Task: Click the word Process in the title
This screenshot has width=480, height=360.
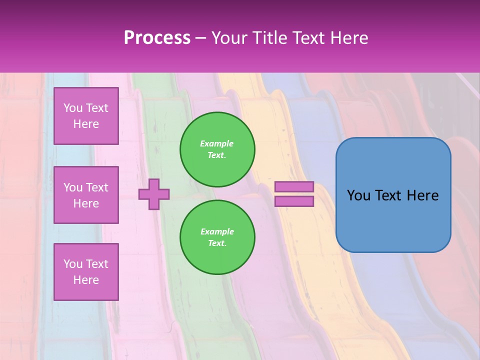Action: click(x=157, y=38)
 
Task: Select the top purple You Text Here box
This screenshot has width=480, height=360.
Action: click(x=86, y=116)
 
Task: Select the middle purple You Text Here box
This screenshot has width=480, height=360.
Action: click(x=86, y=195)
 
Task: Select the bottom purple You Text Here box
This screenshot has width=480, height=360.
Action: click(x=86, y=272)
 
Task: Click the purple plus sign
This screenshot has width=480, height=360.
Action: click(x=154, y=194)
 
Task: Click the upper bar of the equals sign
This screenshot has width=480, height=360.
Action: click(x=294, y=186)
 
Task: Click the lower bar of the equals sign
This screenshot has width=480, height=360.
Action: click(x=294, y=201)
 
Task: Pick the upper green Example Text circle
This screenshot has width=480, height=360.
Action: click(x=217, y=149)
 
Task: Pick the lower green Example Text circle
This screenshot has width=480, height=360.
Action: click(x=217, y=237)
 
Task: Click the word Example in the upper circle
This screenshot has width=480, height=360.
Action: click(x=217, y=144)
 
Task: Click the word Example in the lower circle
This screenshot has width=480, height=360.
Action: click(x=217, y=232)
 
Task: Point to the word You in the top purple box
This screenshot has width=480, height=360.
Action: click(x=73, y=108)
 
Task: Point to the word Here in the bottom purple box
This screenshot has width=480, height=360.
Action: click(x=86, y=280)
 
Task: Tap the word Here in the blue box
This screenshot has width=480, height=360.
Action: click(x=422, y=195)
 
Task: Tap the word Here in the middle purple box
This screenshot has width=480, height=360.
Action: click(x=86, y=203)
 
